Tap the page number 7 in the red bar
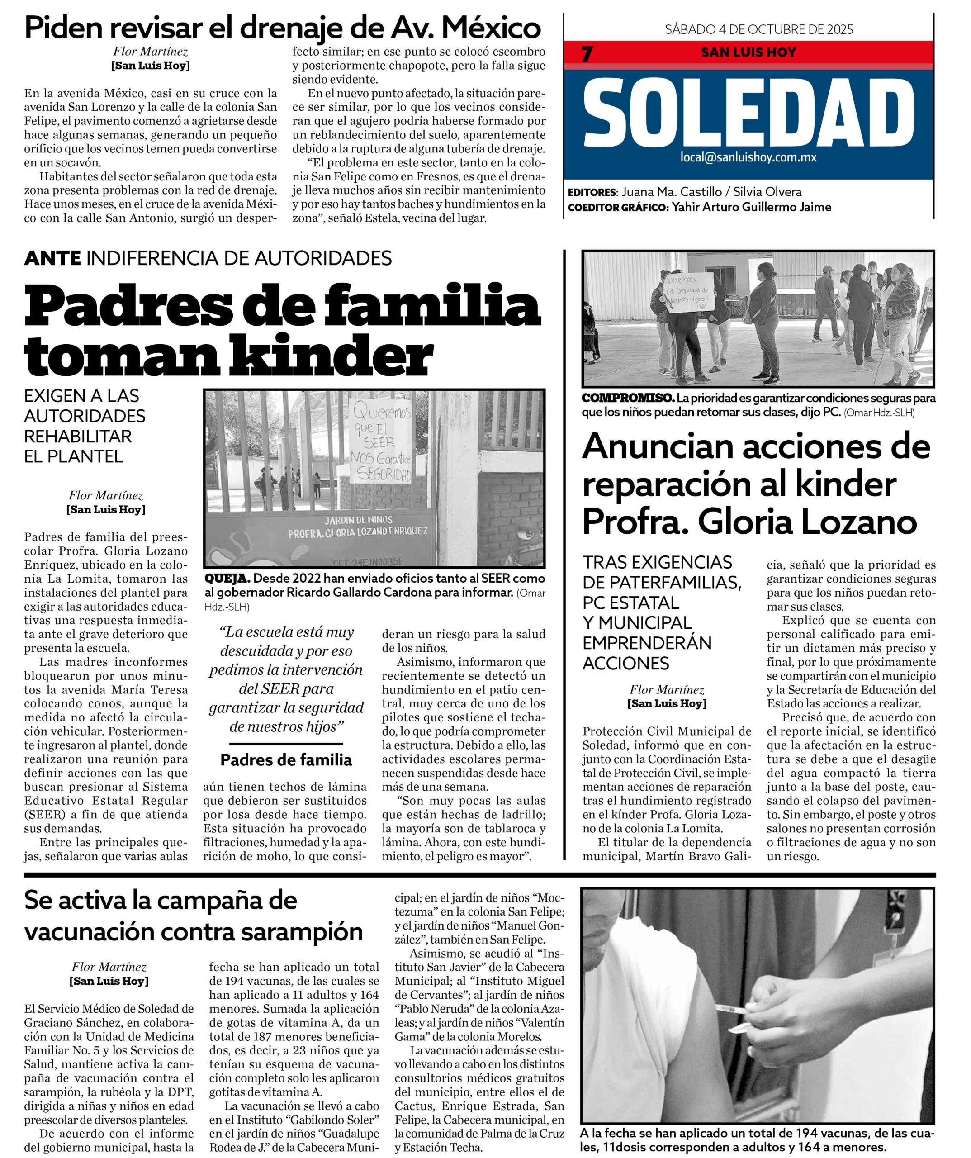pyautogui.click(x=587, y=54)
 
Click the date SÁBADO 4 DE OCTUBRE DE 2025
pyautogui.click(x=759, y=29)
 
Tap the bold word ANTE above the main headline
pyautogui.click(x=52, y=258)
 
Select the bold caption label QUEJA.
pyautogui.click(x=227, y=579)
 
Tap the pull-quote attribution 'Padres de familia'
pyautogui.click(x=286, y=760)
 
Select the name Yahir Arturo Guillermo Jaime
pyautogui.click(x=752, y=207)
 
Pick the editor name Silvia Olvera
pyautogui.click(x=767, y=192)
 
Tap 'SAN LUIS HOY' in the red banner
pyautogui.click(x=748, y=53)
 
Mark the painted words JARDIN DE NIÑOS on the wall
pyautogui.click(x=358, y=520)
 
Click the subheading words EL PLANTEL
pyautogui.click(x=73, y=456)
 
